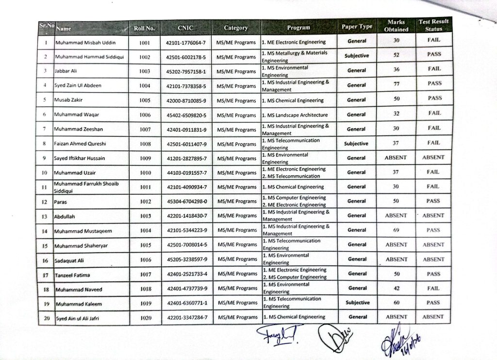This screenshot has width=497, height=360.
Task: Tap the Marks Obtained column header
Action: click(x=396, y=26)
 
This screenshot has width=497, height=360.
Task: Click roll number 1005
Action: click(x=145, y=101)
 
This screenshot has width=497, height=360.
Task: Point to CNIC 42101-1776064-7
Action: click(x=186, y=43)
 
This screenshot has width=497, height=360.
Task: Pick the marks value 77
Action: click(x=396, y=84)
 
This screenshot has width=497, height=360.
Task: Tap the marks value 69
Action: click(x=396, y=230)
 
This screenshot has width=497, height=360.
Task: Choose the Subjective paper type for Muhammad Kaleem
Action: click(x=357, y=302)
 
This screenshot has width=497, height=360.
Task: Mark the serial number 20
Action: click(x=45, y=318)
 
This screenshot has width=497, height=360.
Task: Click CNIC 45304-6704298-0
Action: click(x=186, y=201)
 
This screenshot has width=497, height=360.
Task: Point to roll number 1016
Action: click(x=146, y=260)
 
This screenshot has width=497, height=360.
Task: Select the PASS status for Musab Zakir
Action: click(x=434, y=98)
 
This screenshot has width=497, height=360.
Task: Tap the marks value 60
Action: click(x=397, y=302)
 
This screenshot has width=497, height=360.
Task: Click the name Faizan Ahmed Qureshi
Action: click(x=80, y=144)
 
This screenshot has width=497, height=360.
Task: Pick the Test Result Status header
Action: click(x=434, y=25)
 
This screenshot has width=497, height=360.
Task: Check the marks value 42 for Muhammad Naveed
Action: click(x=397, y=288)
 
